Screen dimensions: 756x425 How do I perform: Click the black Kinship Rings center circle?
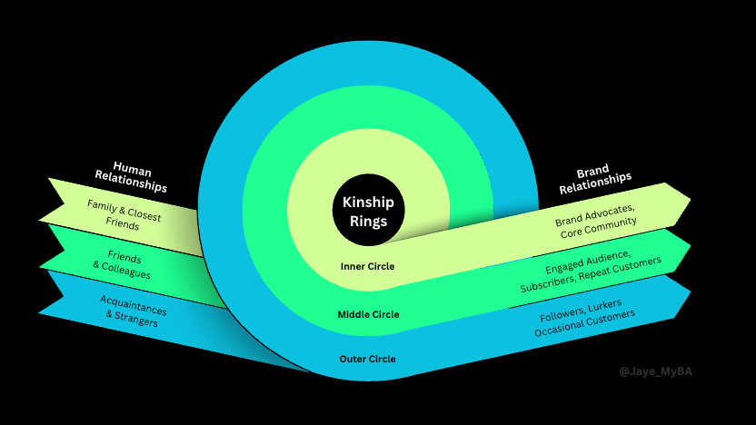(x=368, y=210)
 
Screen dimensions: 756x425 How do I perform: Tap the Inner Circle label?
(x=367, y=266)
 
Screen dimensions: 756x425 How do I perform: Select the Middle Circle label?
(x=368, y=314)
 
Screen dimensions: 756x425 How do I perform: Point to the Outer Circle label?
(x=367, y=359)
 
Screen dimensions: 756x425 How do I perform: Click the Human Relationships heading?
(x=131, y=176)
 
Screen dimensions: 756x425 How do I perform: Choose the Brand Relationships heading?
(x=595, y=178)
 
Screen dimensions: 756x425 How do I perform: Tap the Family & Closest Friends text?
(x=124, y=215)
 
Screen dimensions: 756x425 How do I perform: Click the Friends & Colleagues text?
(x=123, y=264)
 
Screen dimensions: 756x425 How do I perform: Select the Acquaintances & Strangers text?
(x=133, y=311)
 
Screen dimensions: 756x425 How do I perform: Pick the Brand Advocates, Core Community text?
(x=596, y=222)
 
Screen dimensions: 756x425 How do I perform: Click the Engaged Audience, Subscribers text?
(x=590, y=271)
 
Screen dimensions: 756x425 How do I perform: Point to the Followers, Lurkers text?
(x=581, y=311)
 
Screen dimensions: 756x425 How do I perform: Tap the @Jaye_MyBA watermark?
(x=656, y=371)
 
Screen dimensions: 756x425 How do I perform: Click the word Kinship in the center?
(x=368, y=202)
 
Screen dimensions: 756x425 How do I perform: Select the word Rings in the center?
(x=368, y=222)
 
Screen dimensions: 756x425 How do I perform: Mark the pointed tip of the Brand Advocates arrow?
(x=691, y=199)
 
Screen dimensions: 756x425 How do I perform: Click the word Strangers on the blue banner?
(x=136, y=319)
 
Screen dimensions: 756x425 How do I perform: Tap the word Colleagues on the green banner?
(x=125, y=272)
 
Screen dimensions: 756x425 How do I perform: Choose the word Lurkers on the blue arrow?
(x=604, y=305)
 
